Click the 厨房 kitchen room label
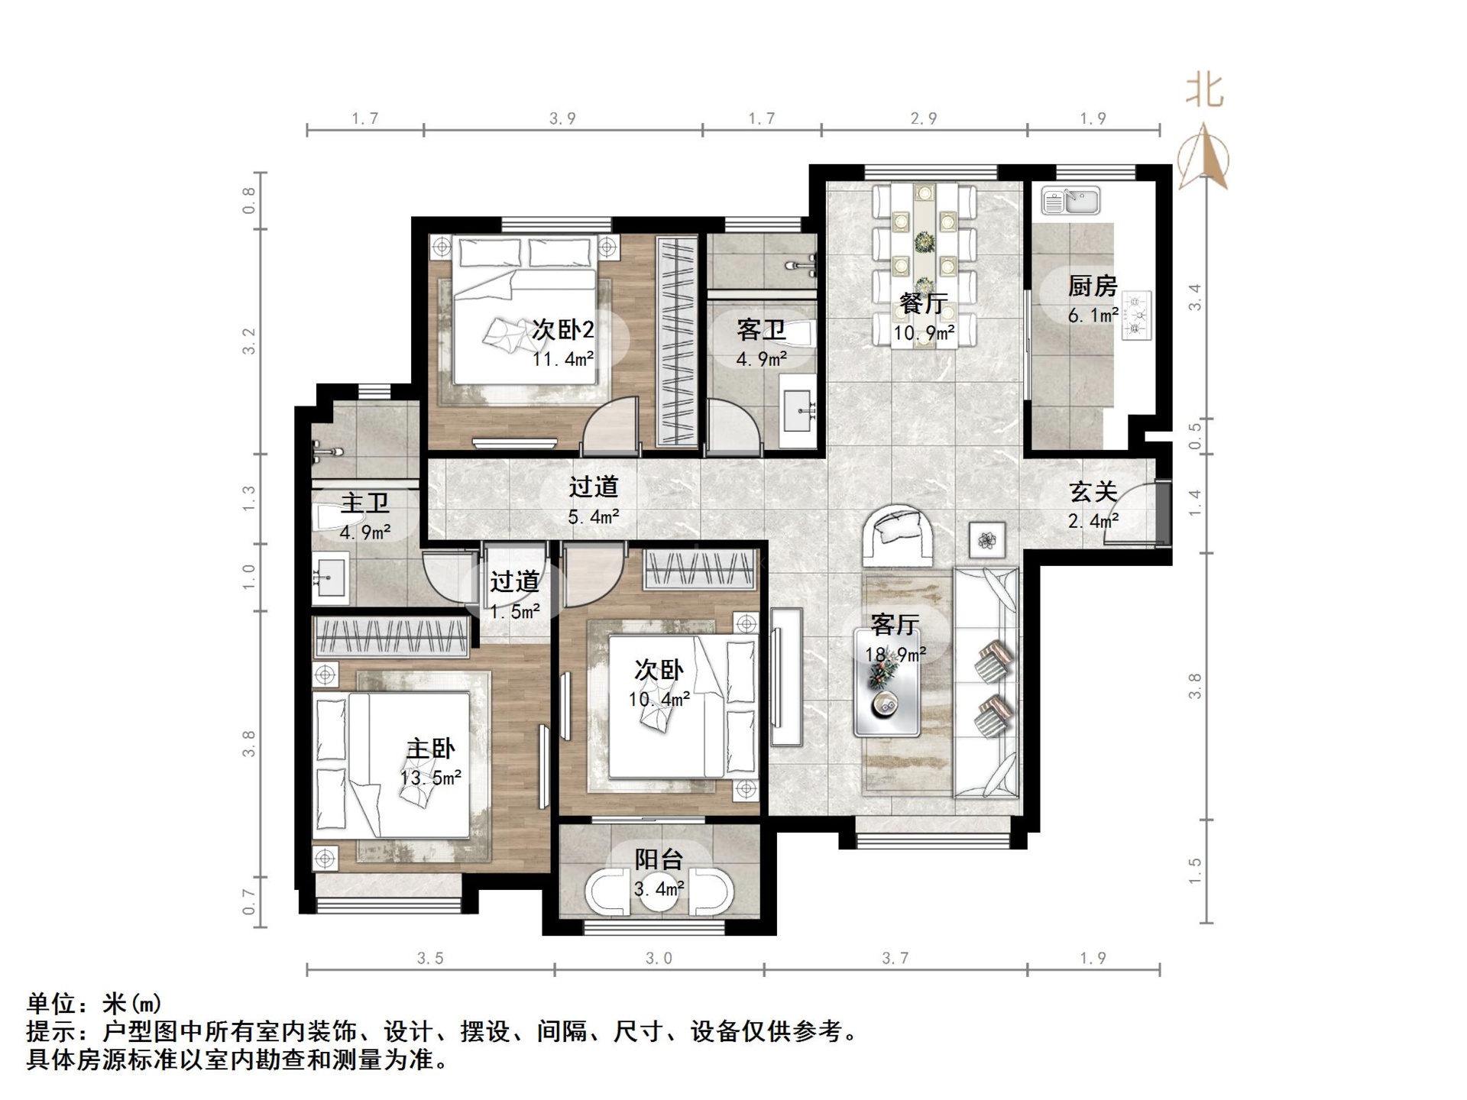[1092, 287]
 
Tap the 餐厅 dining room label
[924, 304]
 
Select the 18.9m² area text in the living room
[895, 655]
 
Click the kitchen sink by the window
[1070, 201]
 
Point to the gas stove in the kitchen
[1137, 315]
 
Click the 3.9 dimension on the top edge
[562, 118]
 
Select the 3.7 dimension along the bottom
[895, 958]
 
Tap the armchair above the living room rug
[898, 534]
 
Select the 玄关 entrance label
[1093, 492]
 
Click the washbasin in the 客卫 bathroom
[799, 410]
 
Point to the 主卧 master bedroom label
[430, 749]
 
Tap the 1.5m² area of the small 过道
[514, 612]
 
